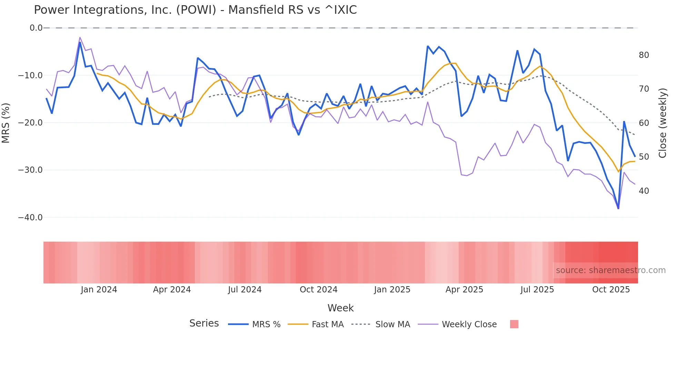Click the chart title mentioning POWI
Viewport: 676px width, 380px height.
[x=195, y=10]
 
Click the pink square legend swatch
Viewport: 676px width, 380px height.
[x=514, y=324]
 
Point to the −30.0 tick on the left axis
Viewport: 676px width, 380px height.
[x=30, y=170]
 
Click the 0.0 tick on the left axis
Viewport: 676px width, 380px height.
[x=36, y=28]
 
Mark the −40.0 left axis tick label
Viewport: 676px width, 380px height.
[x=30, y=218]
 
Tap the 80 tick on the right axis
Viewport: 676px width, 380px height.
[x=644, y=55]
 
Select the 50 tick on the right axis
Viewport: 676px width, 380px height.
[x=644, y=157]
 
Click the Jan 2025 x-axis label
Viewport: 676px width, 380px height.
[x=392, y=290]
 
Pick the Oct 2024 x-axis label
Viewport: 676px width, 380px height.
[x=318, y=290]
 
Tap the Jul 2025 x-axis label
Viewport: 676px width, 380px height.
[x=537, y=290]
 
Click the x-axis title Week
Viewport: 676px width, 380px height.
[x=340, y=308]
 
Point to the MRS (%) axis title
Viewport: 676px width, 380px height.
[x=6, y=123]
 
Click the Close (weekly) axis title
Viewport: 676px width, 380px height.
[x=662, y=123]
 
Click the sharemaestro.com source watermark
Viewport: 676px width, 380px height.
[x=610, y=270]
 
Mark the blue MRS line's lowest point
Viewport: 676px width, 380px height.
[x=618, y=208]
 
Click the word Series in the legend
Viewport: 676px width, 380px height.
[x=204, y=323]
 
